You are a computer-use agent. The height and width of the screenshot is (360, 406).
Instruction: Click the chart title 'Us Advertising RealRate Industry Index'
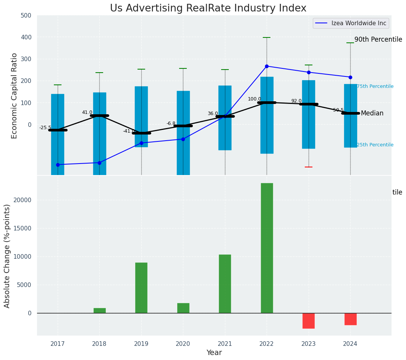click(x=208, y=8)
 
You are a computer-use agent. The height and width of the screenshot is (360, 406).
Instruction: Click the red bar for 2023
click(x=309, y=321)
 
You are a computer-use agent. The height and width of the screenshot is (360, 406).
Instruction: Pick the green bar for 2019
click(x=141, y=287)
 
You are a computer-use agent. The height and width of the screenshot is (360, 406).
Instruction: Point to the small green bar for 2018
click(x=99, y=310)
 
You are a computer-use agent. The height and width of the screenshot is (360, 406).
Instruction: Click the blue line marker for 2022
click(x=267, y=66)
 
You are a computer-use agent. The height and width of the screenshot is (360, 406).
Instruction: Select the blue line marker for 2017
click(x=58, y=165)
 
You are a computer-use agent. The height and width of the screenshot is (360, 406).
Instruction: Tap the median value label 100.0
click(x=254, y=99)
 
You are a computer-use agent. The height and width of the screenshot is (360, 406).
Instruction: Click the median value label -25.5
click(x=45, y=128)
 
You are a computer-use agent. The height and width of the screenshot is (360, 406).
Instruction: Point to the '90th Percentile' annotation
click(x=378, y=39)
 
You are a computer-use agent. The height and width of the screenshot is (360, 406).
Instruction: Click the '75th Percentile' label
click(x=375, y=86)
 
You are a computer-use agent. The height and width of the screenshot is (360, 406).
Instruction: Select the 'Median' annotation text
click(x=372, y=113)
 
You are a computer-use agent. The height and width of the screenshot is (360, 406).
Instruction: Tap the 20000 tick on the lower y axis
click(x=23, y=200)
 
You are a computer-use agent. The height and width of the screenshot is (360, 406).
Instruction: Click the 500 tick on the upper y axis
click(x=26, y=16)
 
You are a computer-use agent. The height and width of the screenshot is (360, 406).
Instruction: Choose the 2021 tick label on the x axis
click(x=225, y=344)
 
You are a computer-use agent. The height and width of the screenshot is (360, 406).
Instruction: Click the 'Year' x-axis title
click(x=214, y=353)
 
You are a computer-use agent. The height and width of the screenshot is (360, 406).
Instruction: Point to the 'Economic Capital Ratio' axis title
click(x=15, y=96)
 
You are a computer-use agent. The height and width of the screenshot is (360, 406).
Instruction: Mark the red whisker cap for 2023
click(x=309, y=167)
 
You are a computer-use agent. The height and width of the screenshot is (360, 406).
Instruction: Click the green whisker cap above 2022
click(x=267, y=37)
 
